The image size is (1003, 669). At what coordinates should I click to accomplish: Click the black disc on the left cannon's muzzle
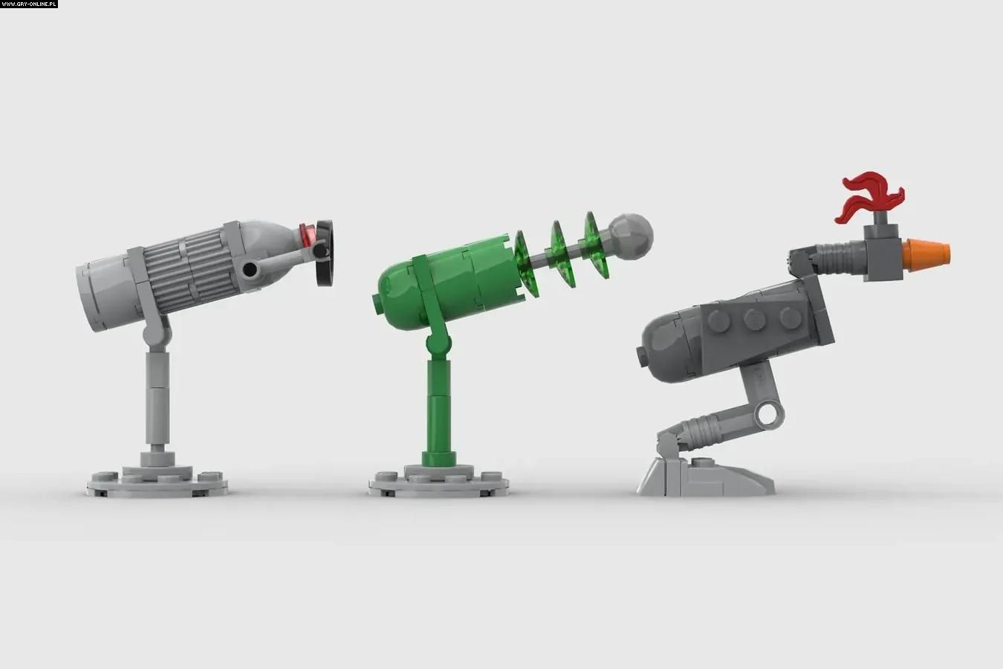(x=325, y=253)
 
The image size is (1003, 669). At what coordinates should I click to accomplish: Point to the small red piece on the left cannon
(x=307, y=235)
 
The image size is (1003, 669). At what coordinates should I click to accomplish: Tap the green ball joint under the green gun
(x=438, y=343)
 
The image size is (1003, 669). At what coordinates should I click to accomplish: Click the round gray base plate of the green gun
(x=439, y=481)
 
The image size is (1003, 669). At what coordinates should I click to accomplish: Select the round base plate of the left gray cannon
(x=157, y=481)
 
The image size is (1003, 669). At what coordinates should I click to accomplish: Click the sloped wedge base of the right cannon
(x=705, y=476)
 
